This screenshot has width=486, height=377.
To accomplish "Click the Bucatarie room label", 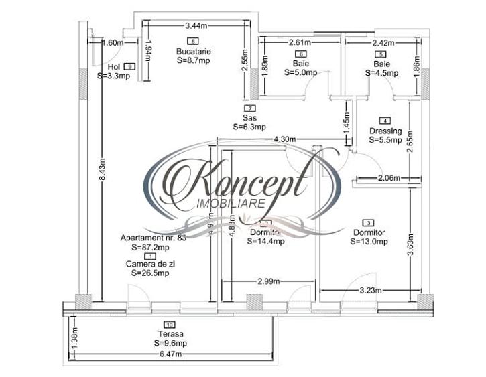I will [194, 51].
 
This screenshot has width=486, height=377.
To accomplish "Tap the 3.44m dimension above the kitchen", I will [195, 26].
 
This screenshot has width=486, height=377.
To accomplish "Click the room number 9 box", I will [129, 66].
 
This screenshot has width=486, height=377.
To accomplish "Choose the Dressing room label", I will [385, 131].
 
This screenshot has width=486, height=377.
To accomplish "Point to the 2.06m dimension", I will [387, 178].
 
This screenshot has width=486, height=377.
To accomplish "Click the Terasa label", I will [171, 334].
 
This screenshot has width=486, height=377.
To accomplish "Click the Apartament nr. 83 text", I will [150, 238].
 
